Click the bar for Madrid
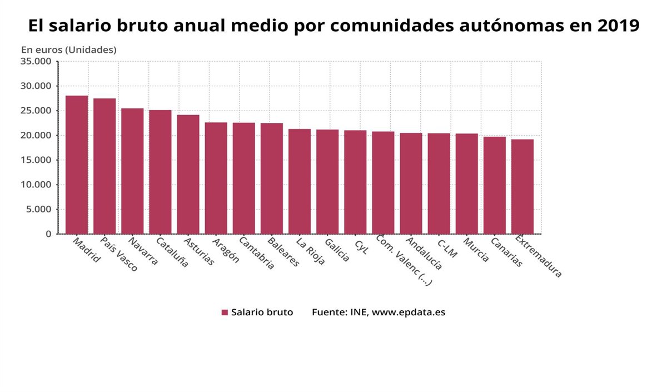(x=77, y=165)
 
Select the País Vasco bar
(x=104, y=166)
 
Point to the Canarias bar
(x=495, y=185)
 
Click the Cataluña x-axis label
(x=172, y=252)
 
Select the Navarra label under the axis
(x=143, y=251)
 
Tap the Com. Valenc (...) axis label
(x=404, y=260)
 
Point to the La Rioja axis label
(x=310, y=251)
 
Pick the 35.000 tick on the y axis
(x=36, y=61)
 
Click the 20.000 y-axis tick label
(x=36, y=135)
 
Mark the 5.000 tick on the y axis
(x=38, y=209)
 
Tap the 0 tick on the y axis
(x=48, y=234)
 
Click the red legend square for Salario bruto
(x=225, y=312)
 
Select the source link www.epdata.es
(x=408, y=312)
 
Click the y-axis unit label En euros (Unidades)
(x=68, y=49)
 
